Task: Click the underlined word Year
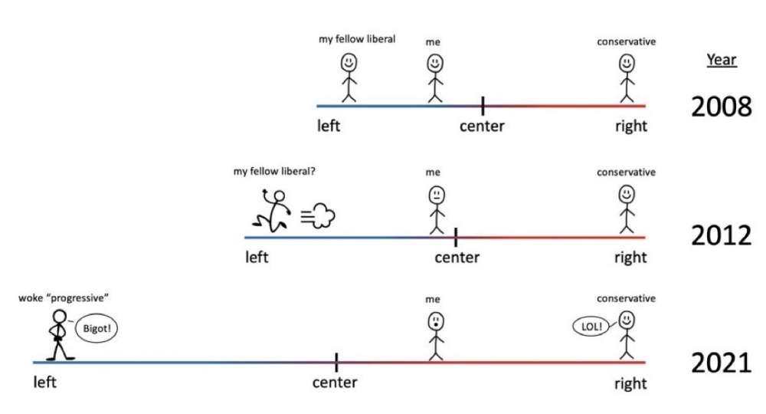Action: click(721, 60)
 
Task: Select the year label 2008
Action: click(721, 107)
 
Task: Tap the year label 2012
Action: click(721, 235)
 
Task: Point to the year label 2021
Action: click(721, 363)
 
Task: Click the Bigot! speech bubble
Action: click(97, 328)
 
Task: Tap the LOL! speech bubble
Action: click(591, 327)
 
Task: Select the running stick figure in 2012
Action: click(272, 210)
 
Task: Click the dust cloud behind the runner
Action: click(318, 215)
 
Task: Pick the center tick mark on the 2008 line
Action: click(483, 106)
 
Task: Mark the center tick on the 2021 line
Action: click(336, 363)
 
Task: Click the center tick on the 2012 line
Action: click(456, 238)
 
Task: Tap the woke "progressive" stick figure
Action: click(60, 335)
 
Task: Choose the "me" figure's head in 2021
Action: click(436, 322)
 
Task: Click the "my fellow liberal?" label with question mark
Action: click(274, 172)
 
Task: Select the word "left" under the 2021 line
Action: click(44, 382)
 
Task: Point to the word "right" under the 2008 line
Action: click(631, 126)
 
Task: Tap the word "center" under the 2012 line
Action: click(457, 257)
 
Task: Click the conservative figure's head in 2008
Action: click(627, 64)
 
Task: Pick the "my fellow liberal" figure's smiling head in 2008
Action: click(349, 63)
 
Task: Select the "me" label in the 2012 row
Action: click(433, 172)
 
